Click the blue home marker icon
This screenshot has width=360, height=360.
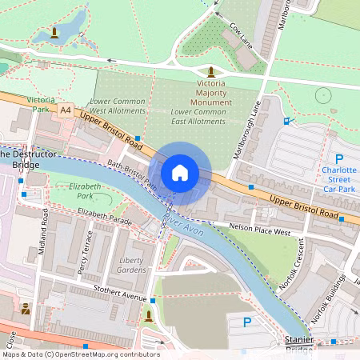180,172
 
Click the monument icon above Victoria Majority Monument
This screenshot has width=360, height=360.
211,72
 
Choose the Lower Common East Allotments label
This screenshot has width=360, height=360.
198,116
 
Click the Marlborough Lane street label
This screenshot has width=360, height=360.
245,128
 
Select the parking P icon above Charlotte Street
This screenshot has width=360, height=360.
338,159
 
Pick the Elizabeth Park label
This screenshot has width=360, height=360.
86,190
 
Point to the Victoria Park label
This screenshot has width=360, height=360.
41,105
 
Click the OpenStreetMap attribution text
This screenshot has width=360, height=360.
80,354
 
